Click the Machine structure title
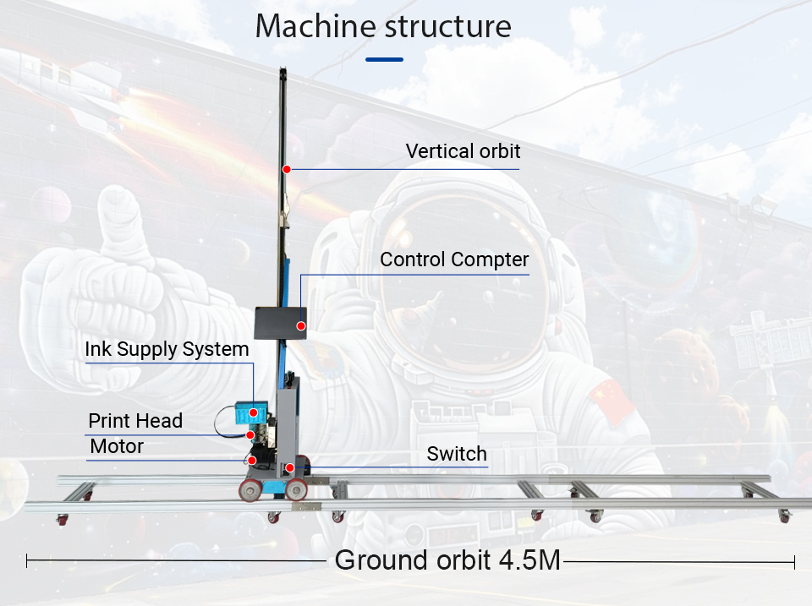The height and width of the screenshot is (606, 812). click(383, 26)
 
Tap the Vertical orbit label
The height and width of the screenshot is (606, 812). click(463, 151)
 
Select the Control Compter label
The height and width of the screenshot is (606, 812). click(454, 259)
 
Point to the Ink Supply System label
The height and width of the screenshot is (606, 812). click(167, 349)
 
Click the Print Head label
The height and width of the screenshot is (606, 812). click(135, 420)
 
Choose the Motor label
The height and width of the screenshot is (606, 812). click(117, 445)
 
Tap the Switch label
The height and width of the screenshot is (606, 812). click(457, 454)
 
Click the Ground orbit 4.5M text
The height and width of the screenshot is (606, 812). click(447, 560)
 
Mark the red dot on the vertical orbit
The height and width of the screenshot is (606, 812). click(287, 169)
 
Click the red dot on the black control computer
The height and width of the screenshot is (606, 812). click(301, 325)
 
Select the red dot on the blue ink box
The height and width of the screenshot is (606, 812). click(252, 412)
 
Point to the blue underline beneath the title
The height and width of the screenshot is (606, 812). click(385, 60)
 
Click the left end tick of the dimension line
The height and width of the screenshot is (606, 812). click(27, 560)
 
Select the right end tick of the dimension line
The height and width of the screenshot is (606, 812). click(794, 560)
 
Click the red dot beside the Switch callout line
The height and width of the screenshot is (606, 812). click(289, 467)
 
